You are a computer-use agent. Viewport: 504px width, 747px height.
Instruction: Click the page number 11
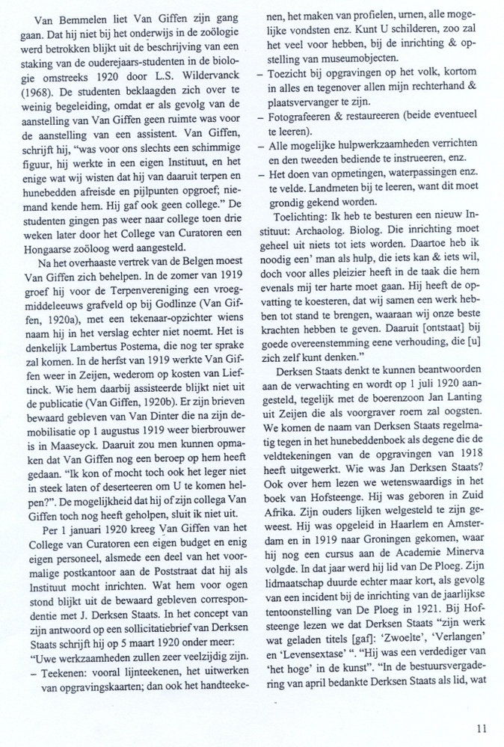[481, 726]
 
